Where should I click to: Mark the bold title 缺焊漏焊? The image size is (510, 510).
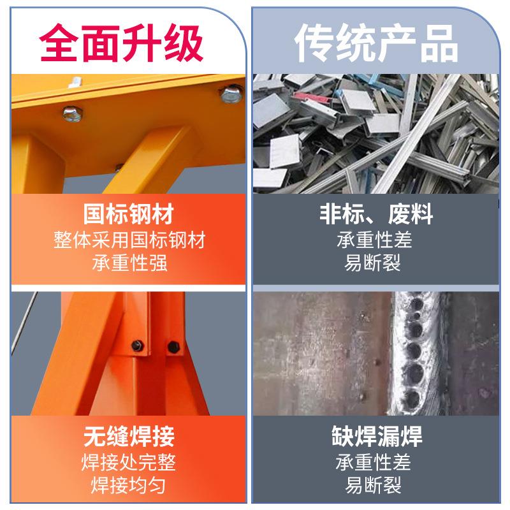coord(376,437)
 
